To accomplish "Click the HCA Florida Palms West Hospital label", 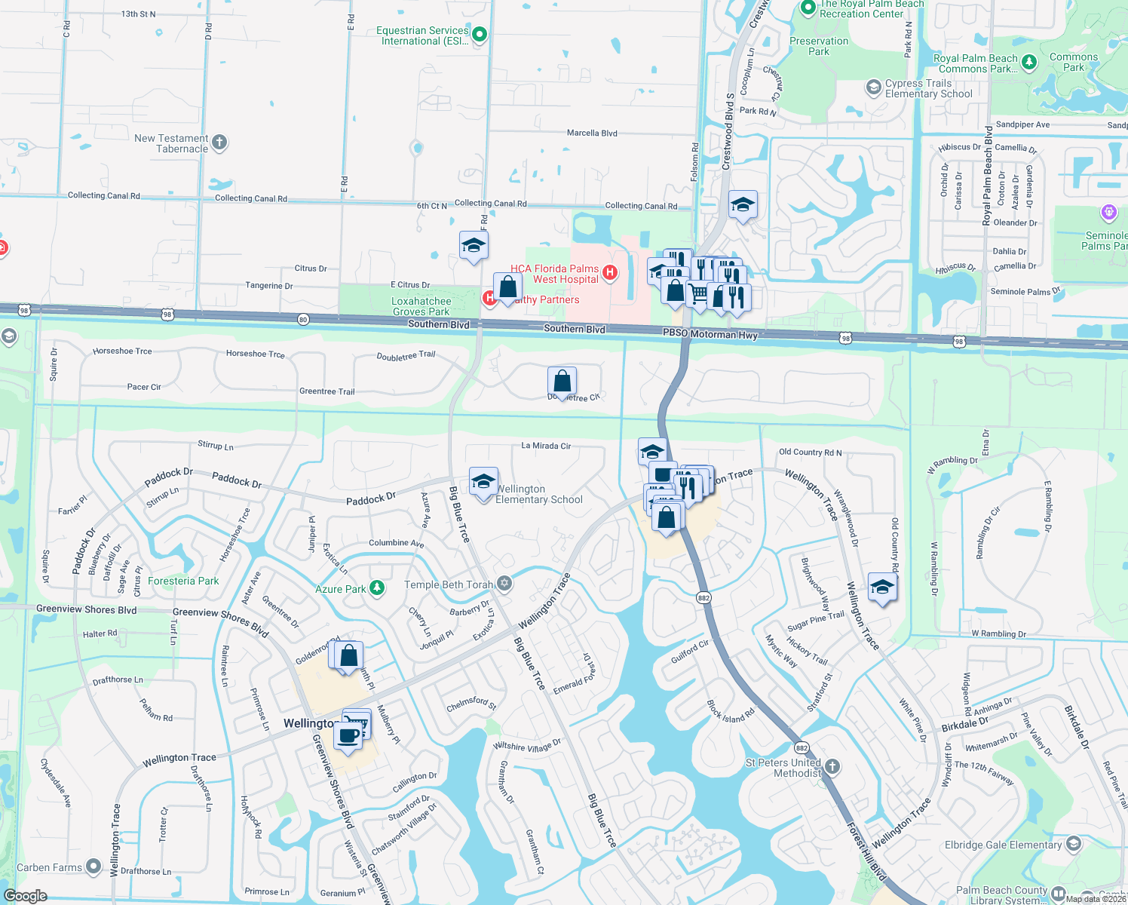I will [555, 274].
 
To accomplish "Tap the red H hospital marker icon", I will [610, 272].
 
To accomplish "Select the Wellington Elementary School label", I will [538, 494].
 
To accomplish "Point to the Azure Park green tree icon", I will [376, 588].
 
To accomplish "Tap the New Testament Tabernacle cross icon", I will [219, 142].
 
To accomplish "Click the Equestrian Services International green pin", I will [479, 34].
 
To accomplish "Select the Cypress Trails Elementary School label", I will [928, 89].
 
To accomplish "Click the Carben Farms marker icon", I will [93, 867].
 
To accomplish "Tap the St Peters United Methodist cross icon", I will [832, 766].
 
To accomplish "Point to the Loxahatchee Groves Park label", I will [421, 306].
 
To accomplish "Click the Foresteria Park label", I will [183, 581].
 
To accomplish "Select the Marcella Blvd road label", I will [592, 133].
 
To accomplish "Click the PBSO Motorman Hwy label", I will [710, 333].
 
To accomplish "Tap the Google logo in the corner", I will [25, 896].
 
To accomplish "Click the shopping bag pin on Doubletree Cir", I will [562, 381].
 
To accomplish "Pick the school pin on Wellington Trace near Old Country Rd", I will [882, 587].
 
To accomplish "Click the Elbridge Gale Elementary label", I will [1003, 845].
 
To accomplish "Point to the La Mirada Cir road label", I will [546, 446].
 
